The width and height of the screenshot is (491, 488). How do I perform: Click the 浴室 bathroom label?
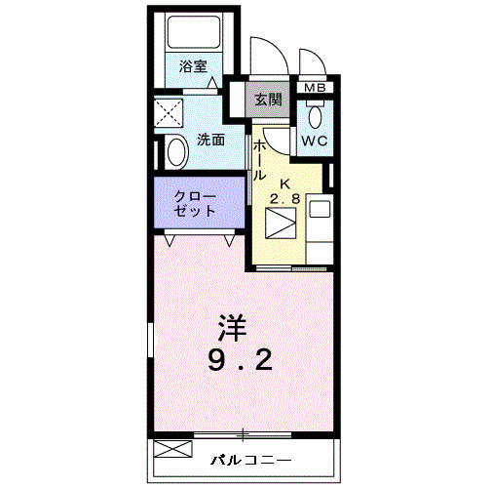coord(192,66)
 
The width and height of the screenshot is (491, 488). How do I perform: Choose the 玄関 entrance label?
coord(268,99)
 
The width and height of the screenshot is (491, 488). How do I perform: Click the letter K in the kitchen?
coord(285,184)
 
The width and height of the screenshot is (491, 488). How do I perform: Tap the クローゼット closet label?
coord(195,202)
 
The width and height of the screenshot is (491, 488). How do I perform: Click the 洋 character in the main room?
coord(230,325)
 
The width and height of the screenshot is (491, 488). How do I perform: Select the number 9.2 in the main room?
coord(238,362)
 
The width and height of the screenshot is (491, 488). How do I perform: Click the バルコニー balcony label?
coord(249,458)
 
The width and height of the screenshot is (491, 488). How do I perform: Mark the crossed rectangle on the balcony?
coord(170,452)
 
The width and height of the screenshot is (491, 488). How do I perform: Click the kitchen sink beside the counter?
coord(320,208)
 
